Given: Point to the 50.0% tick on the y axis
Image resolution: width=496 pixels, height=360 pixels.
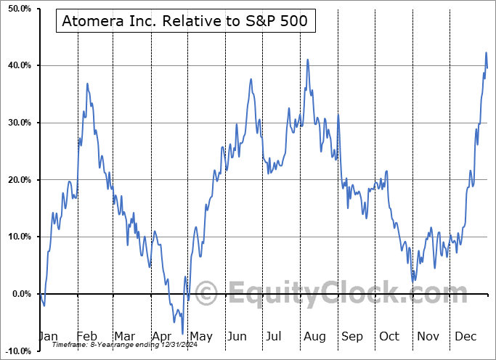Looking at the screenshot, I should click(x=17, y=8).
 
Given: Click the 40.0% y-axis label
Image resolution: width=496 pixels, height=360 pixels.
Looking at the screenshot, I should click(x=17, y=65).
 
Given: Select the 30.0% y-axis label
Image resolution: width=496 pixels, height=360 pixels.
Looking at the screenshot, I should click(x=17, y=123).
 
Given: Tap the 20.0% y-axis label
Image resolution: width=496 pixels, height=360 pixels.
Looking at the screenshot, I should click(x=17, y=179).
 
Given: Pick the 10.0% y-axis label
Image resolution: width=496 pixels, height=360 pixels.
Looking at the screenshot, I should click(x=17, y=237).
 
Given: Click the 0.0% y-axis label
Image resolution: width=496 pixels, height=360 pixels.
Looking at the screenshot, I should click(x=19, y=294).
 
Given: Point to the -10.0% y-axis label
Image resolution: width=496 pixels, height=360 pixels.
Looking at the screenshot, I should click(x=15, y=351).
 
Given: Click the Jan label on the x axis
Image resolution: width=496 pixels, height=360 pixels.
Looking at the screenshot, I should click(x=48, y=336).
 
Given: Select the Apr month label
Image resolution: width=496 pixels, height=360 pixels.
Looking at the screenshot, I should click(x=162, y=336).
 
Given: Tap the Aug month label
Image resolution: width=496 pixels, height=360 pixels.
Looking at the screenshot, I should click(x=314, y=336).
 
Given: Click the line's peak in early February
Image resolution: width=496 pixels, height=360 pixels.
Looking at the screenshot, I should click(x=87, y=83).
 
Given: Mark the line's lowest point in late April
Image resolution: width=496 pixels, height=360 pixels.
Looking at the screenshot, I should click(x=182, y=333).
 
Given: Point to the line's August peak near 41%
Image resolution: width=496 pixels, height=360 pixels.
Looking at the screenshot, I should click(x=308, y=60).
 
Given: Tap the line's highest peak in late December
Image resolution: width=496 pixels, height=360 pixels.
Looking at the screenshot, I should click(x=486, y=53).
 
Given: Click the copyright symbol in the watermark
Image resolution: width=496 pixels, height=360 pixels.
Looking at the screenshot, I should click(x=206, y=295).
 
